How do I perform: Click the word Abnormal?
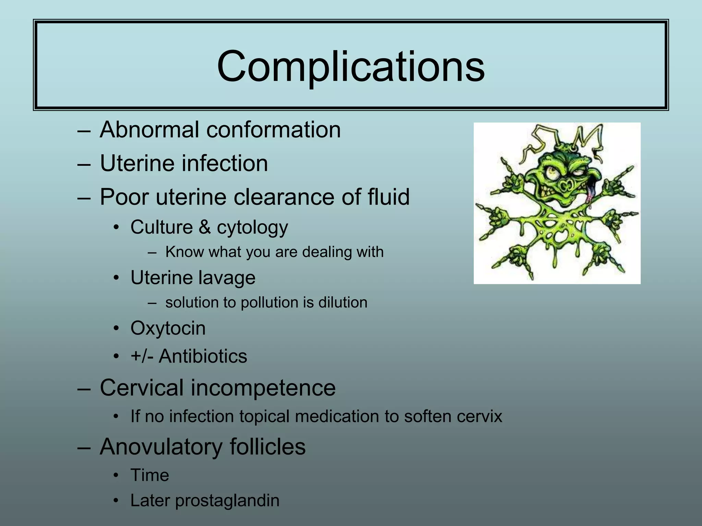click(149, 130)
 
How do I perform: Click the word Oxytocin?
click(168, 328)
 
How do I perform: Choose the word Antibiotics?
click(203, 356)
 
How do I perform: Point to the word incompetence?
click(263, 388)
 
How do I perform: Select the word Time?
click(150, 475)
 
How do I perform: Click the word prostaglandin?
click(227, 501)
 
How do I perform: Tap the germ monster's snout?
click(566, 185)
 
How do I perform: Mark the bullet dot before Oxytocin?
click(117, 328)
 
